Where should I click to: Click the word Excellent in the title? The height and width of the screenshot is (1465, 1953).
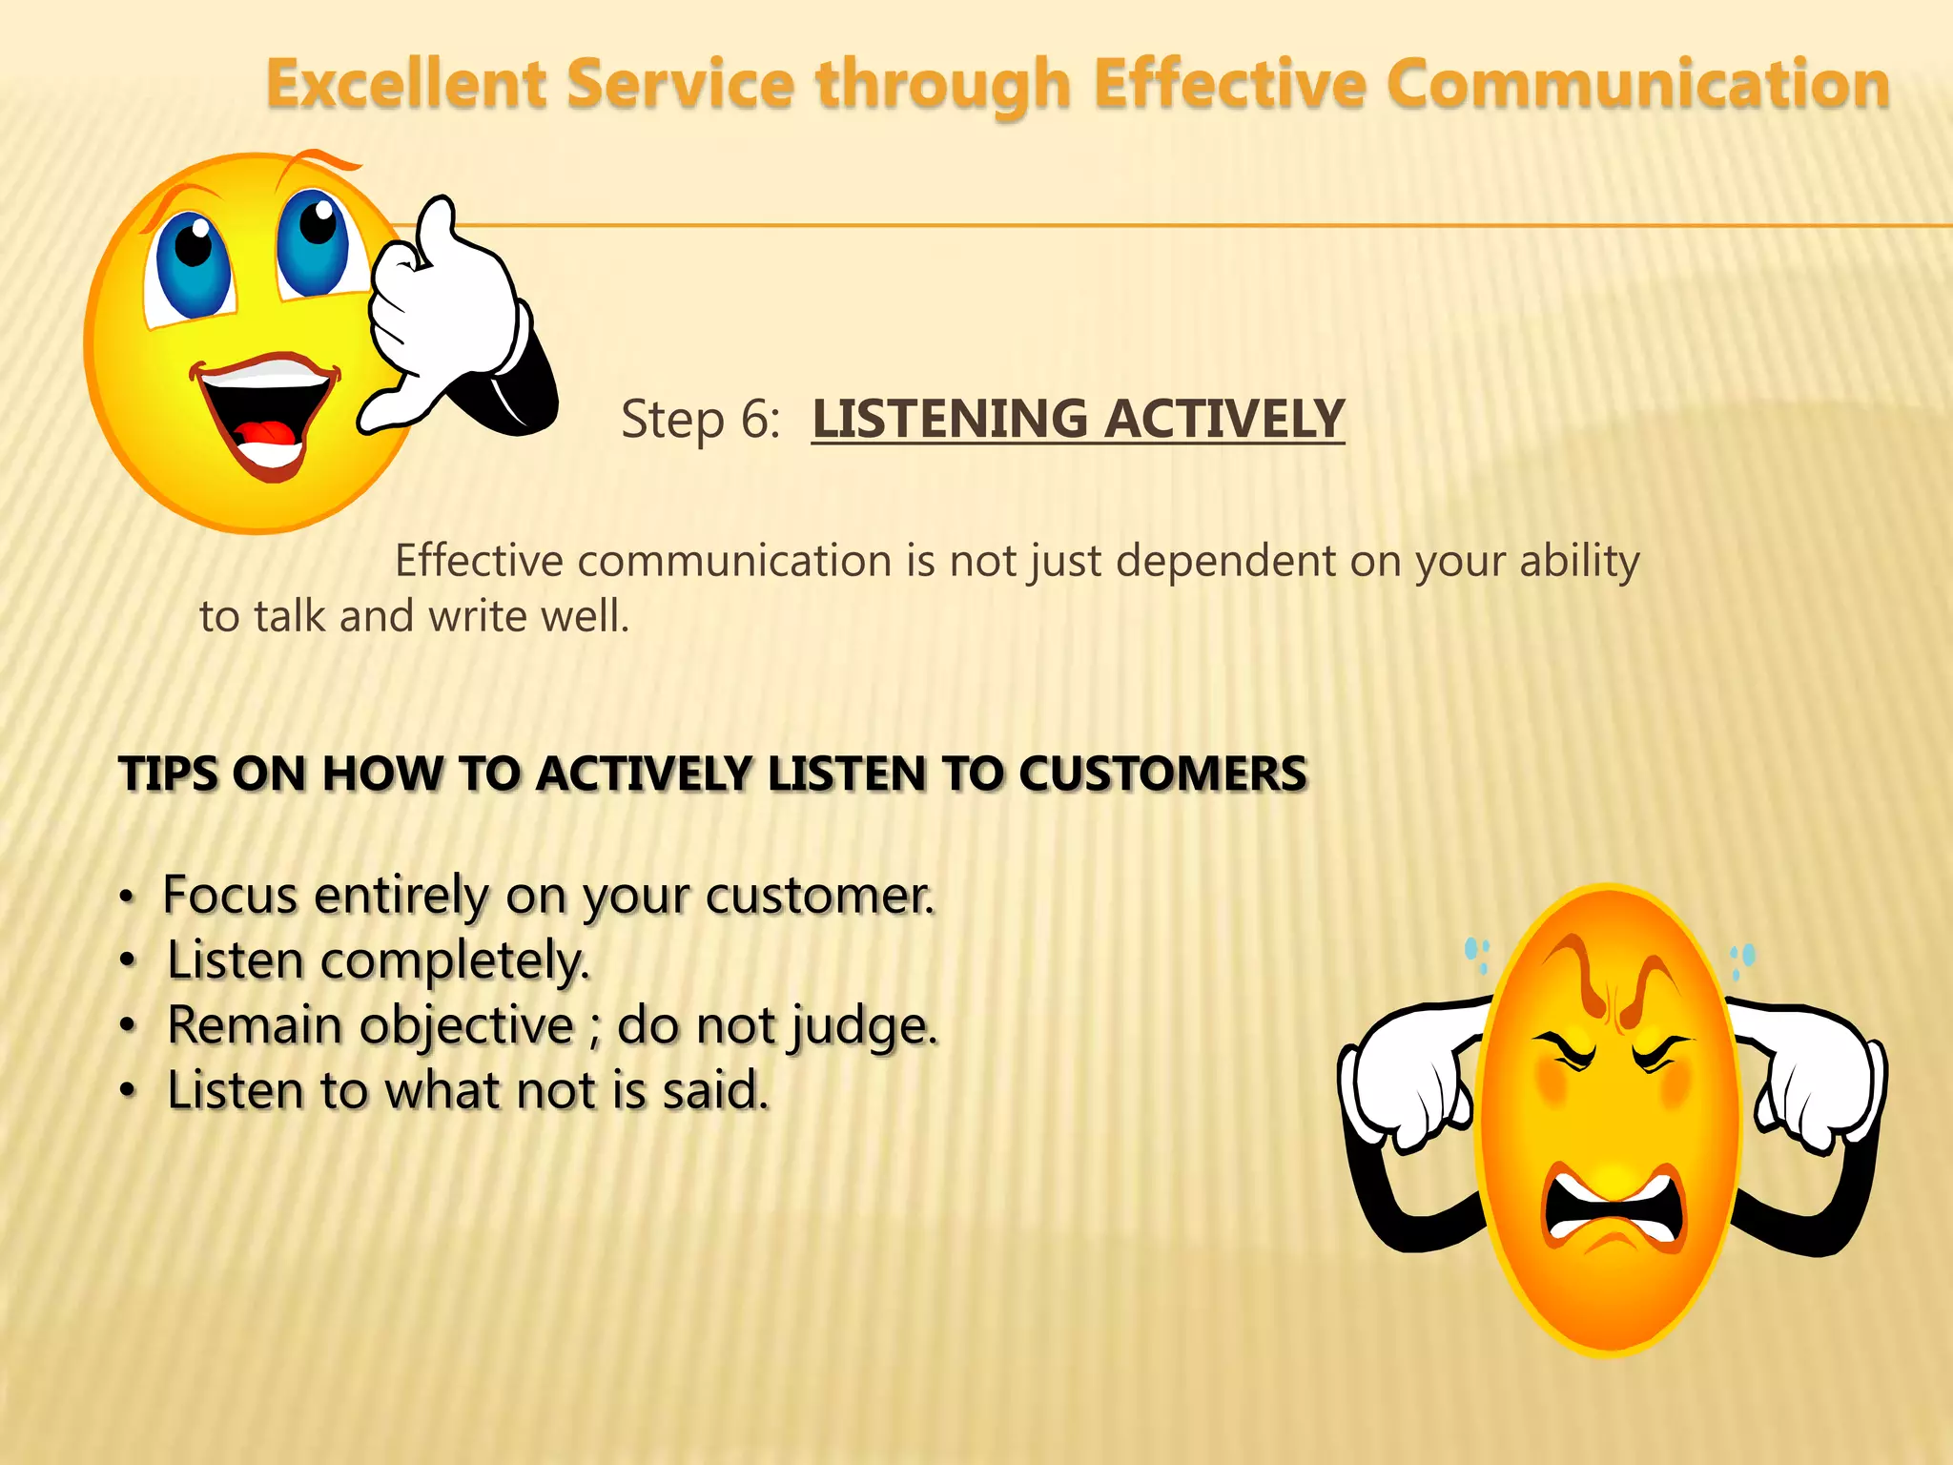405,84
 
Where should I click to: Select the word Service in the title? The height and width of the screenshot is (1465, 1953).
680,84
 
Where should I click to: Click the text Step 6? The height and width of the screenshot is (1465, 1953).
701,420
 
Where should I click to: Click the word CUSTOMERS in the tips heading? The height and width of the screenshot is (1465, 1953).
1162,774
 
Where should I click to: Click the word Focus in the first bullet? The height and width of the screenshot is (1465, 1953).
230,896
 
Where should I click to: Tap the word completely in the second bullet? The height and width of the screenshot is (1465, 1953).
455,961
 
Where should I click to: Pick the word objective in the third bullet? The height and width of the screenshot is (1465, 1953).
466,1027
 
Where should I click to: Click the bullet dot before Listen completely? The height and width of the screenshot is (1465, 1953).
128,962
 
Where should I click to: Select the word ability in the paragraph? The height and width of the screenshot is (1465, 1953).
1579,561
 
